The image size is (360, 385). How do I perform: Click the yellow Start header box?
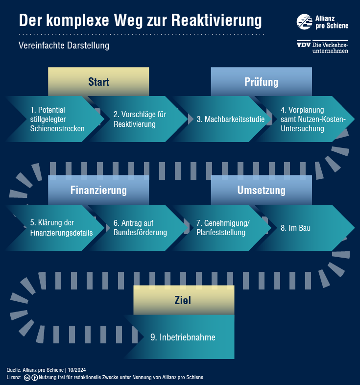(98, 81)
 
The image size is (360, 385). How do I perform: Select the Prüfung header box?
(261, 81)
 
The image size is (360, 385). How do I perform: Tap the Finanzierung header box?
(98, 190)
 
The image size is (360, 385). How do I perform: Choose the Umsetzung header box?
(261, 190)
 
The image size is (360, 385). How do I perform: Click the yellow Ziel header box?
(184, 300)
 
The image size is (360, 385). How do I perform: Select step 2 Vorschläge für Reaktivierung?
(139, 119)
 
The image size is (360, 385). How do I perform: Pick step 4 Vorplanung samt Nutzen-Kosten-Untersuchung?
(306, 119)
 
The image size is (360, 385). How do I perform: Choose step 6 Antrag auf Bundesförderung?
(139, 228)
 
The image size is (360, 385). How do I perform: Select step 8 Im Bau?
(306, 228)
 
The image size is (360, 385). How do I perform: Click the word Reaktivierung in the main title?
(216, 21)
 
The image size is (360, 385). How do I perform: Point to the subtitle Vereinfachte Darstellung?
(64, 46)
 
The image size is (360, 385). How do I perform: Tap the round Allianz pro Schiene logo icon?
(305, 22)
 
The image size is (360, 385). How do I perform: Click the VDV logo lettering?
(304, 45)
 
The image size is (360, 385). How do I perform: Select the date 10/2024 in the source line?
(77, 370)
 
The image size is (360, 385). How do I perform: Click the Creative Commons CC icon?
(27, 377)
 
